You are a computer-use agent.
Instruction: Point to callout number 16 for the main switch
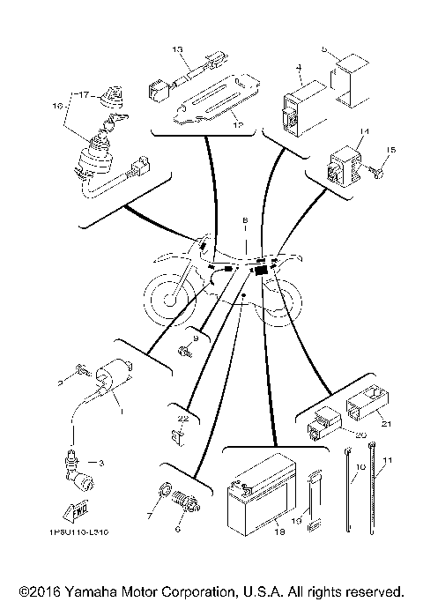point(59,106)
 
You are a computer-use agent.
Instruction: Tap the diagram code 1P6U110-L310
point(68,532)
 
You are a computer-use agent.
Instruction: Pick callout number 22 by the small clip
point(182,418)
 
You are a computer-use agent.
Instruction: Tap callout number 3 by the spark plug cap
point(100,461)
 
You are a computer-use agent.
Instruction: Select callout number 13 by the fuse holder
point(176,48)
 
